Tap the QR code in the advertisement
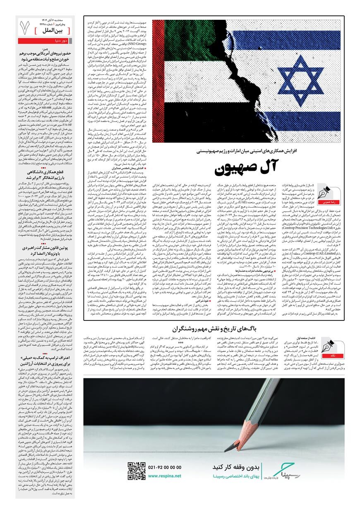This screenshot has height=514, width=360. click(136, 470)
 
